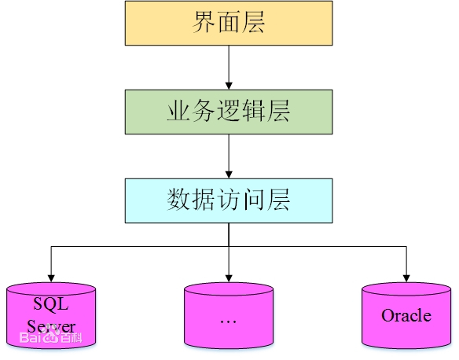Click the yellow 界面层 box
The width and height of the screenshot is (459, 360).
click(x=228, y=23)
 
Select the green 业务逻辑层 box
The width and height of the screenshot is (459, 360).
click(x=228, y=111)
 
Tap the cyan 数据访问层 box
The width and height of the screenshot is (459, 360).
click(x=228, y=200)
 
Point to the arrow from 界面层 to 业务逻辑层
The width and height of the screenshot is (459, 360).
click(x=228, y=67)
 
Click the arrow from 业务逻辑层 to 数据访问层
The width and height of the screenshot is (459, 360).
click(x=228, y=155)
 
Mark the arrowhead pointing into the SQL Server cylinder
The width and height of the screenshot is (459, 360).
click(x=51, y=277)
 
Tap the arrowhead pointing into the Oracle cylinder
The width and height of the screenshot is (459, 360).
click(x=406, y=277)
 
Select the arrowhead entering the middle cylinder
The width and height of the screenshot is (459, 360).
click(x=228, y=277)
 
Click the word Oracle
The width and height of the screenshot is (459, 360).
click(x=406, y=315)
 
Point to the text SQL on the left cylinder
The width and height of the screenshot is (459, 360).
click(x=51, y=303)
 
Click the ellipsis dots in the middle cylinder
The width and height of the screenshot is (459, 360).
click(x=228, y=321)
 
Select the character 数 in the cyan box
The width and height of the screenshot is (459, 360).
click(x=179, y=200)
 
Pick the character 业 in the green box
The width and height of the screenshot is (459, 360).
click(x=178, y=111)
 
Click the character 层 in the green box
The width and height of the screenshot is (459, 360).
click(x=277, y=111)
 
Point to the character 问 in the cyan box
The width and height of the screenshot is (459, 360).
click(x=253, y=200)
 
